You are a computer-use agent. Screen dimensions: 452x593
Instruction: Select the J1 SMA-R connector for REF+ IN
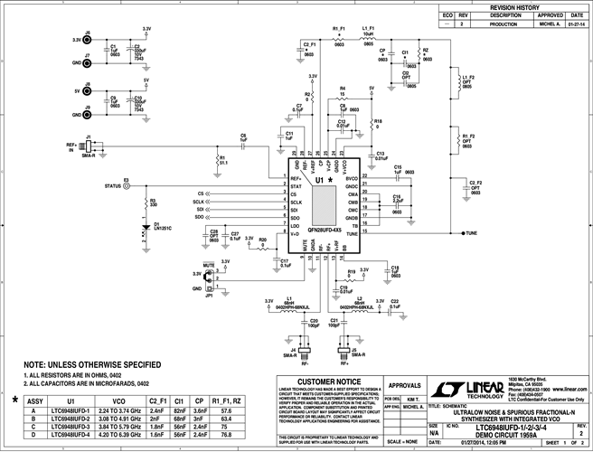88,146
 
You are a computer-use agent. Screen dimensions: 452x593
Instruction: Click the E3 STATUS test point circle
127,186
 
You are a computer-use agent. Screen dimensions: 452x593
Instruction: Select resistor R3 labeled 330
144,204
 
